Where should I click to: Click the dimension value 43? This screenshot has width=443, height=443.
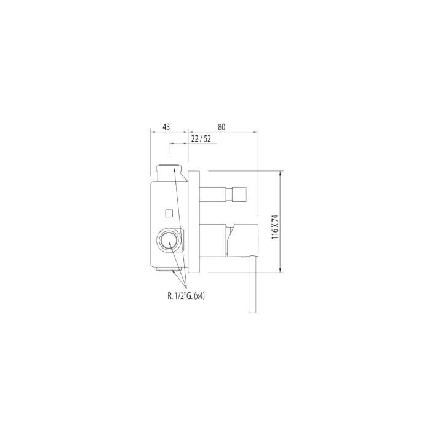tap(166, 127)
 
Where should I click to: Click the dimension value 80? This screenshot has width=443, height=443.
tap(221, 127)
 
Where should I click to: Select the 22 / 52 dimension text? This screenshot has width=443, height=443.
tap(201, 138)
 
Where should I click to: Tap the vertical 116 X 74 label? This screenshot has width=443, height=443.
tap(275, 228)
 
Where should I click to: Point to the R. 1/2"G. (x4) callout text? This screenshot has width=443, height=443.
tap(186, 296)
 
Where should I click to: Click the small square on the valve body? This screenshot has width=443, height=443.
tap(169, 213)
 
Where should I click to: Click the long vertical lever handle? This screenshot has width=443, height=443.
tap(252, 285)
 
